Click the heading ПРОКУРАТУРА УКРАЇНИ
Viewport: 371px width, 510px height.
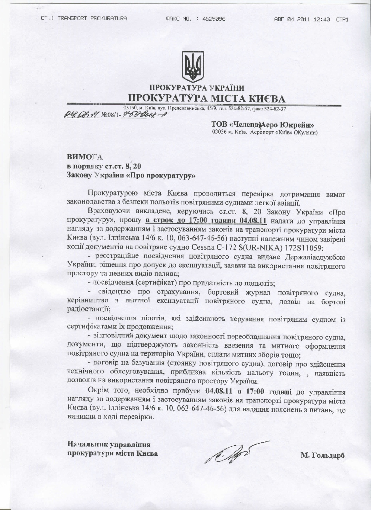(197, 87)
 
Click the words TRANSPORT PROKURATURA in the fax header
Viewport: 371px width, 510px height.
(92, 19)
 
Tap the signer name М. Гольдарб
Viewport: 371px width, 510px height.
(323, 455)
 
